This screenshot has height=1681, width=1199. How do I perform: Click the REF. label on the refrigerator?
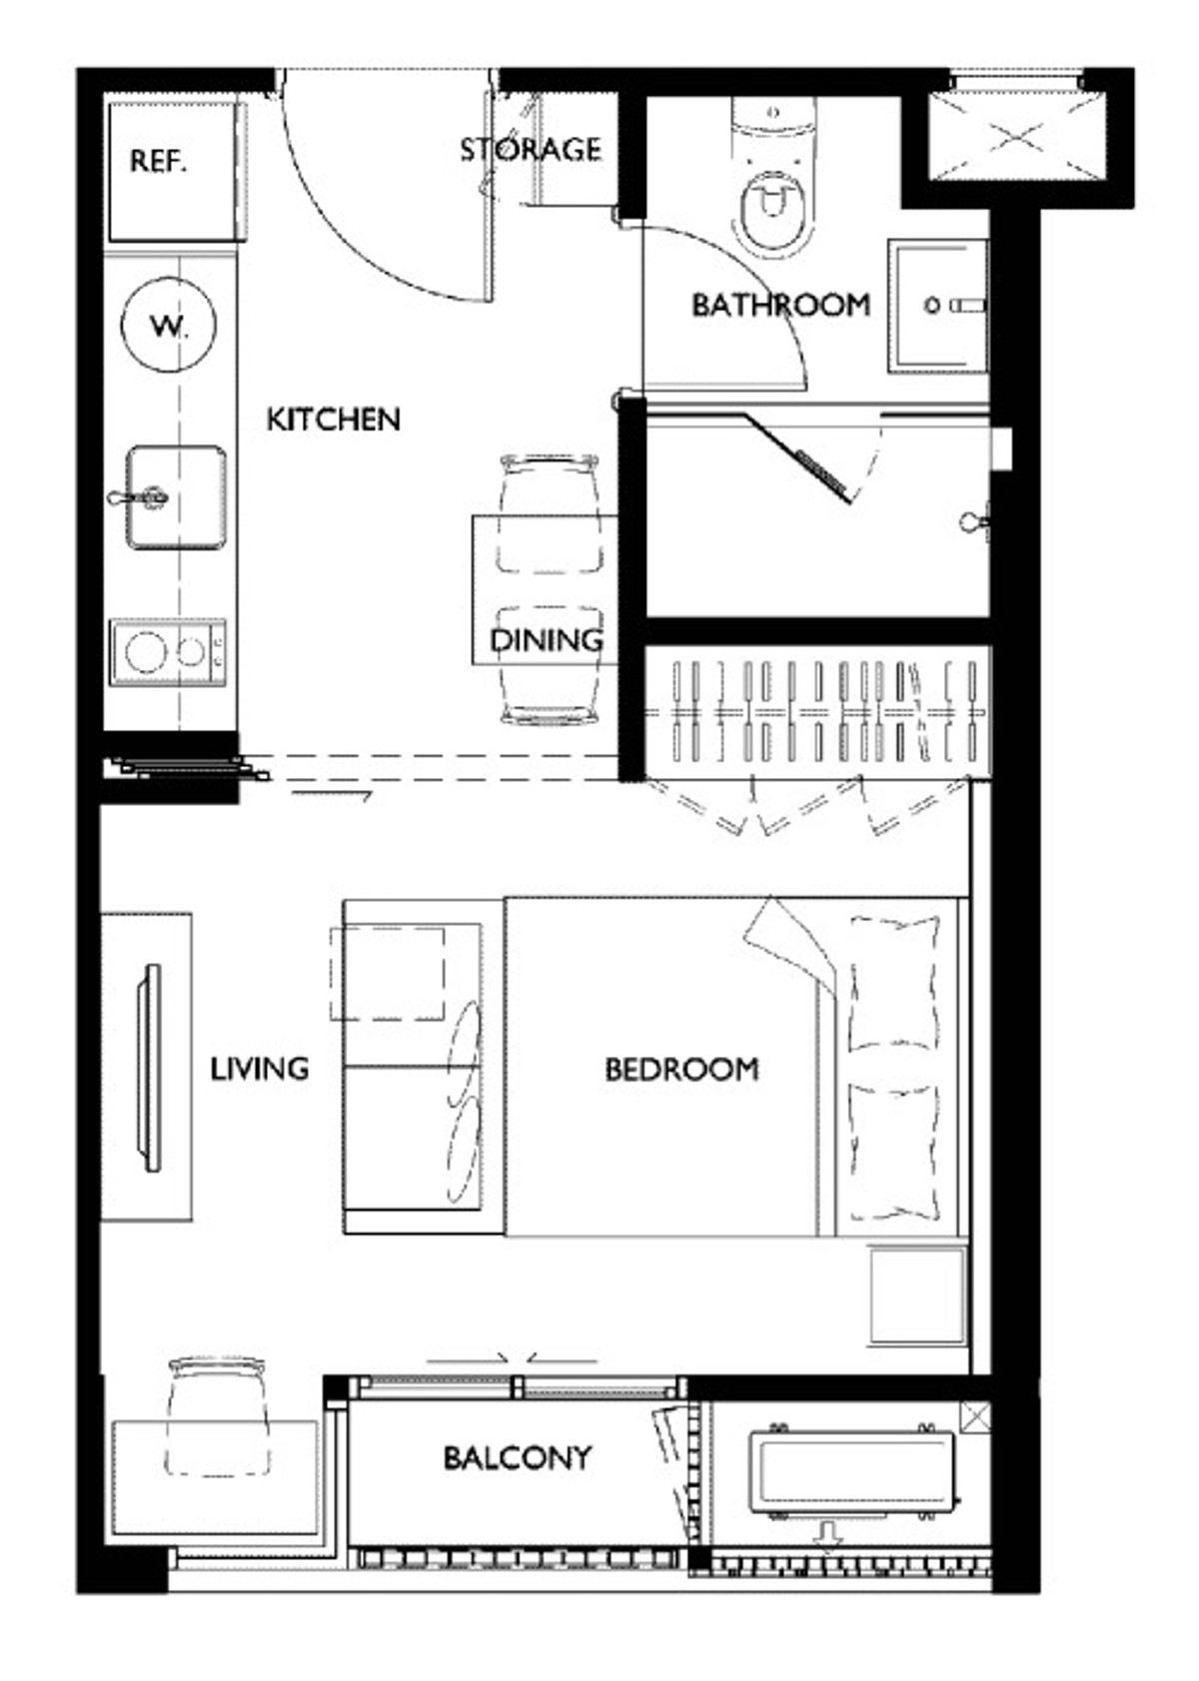[158, 162]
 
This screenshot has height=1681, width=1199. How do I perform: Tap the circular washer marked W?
[168, 325]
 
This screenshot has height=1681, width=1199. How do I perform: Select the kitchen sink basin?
[176, 496]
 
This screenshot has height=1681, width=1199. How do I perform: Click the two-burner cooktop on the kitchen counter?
[168, 651]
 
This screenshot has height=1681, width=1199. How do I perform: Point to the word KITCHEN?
[334, 419]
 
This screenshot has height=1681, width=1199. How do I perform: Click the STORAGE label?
[531, 150]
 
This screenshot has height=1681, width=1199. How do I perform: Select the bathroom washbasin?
[937, 306]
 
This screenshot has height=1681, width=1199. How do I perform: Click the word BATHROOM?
[780, 305]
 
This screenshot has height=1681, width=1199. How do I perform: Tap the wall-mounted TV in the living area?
[149, 1068]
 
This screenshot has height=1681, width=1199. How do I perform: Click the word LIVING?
[259, 1069]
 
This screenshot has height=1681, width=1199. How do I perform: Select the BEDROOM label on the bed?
[681, 1070]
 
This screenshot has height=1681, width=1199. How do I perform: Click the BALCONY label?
[518, 1458]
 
